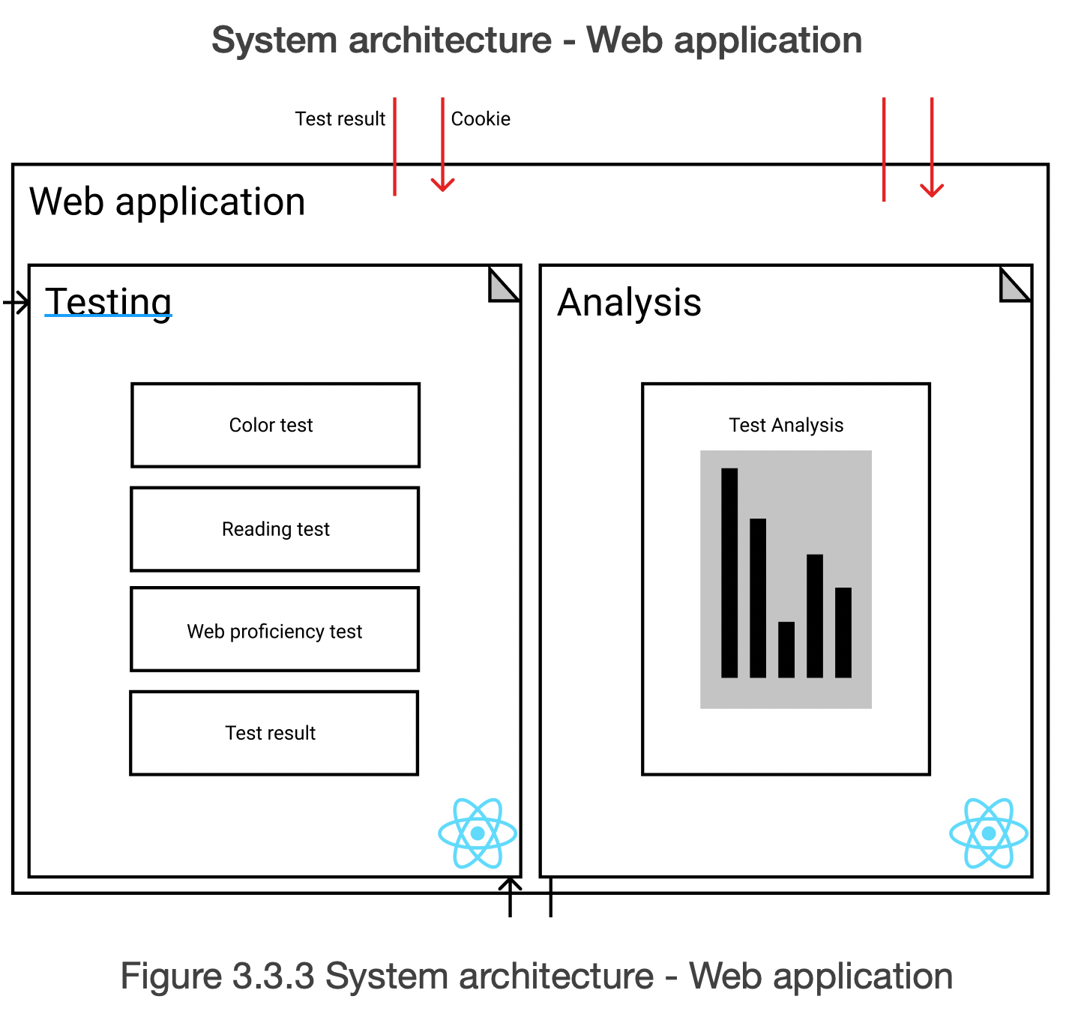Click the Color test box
coord(275,425)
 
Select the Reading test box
coord(275,529)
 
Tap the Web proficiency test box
coord(275,630)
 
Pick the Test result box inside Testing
coord(274,733)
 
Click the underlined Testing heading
coord(109,302)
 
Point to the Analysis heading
coord(630,303)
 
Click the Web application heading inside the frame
coord(167,202)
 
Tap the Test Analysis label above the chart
coord(786,425)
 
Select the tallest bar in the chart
coord(729,573)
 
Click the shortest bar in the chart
coord(786,650)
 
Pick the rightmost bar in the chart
coord(843,633)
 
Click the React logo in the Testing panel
coord(478,833)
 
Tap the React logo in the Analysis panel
coord(989,833)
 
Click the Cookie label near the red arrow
coord(481,118)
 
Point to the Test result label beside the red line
coord(340,118)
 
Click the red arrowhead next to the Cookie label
coord(443,184)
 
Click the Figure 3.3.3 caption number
coord(274,976)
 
